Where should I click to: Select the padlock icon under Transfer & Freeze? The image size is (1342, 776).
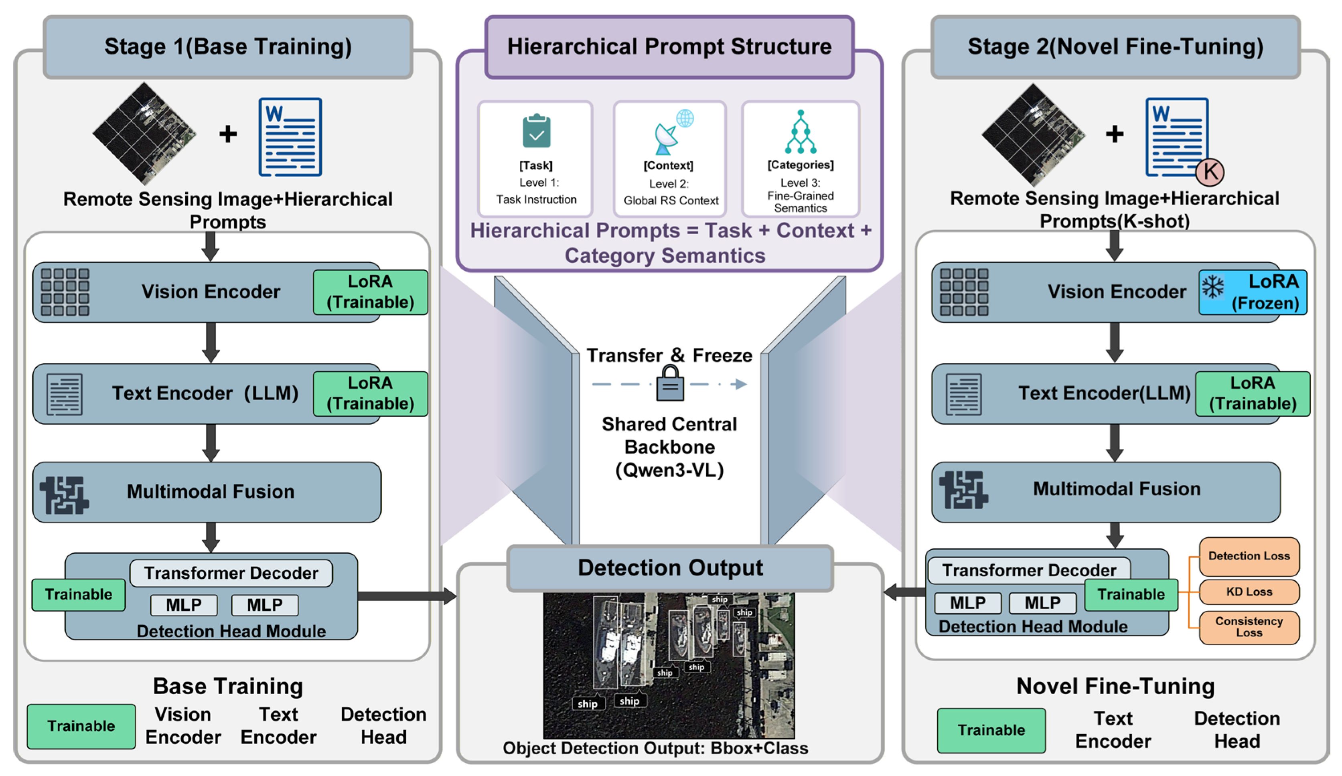tap(670, 383)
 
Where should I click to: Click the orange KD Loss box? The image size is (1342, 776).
tap(1249, 592)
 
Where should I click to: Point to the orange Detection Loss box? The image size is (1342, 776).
tap(1249, 557)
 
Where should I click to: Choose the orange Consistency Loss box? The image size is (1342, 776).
tap(1249, 627)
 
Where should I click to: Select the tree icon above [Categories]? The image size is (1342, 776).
tap(801, 132)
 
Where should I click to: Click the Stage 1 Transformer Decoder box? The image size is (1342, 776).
tap(231, 573)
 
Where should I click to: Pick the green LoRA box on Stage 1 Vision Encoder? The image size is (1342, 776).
tap(370, 292)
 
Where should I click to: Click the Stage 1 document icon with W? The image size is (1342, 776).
tap(290, 137)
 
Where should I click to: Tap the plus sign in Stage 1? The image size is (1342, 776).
tap(228, 134)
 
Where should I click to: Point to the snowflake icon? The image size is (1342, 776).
tap(1212, 287)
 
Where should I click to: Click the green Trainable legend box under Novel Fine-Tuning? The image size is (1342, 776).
tap(991, 730)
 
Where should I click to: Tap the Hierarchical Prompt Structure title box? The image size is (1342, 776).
tap(669, 47)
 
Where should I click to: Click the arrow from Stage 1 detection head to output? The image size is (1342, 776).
tap(407, 596)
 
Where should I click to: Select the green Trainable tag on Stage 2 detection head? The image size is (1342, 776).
tap(1131, 594)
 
